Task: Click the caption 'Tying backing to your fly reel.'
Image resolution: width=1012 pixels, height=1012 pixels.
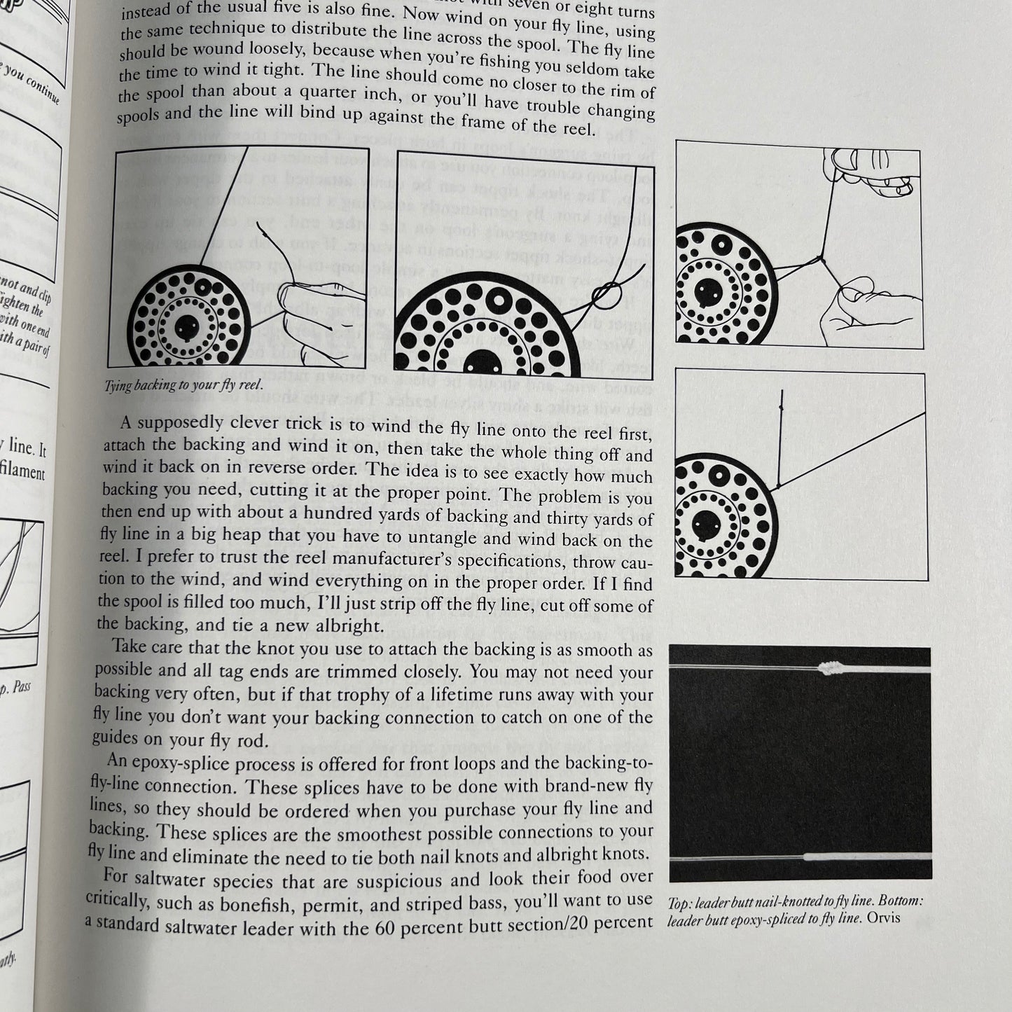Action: tap(183, 384)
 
